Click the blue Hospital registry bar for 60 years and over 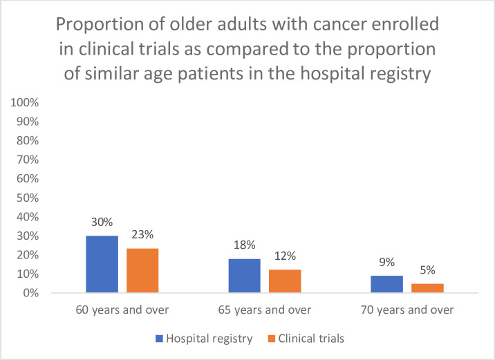point(102,265)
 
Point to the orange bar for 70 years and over point(428,288)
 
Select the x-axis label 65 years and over point(265,310)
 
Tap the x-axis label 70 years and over point(408,310)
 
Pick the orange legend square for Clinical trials point(271,339)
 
